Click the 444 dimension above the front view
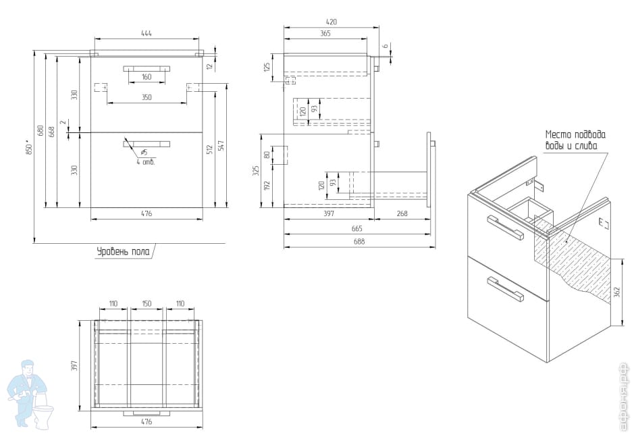147,32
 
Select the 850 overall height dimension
28,148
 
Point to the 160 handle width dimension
147,76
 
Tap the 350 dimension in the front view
147,97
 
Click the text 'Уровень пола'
122,252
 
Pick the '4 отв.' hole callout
145,162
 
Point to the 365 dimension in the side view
325,33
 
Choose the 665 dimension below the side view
357,229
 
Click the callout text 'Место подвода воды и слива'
575,140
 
